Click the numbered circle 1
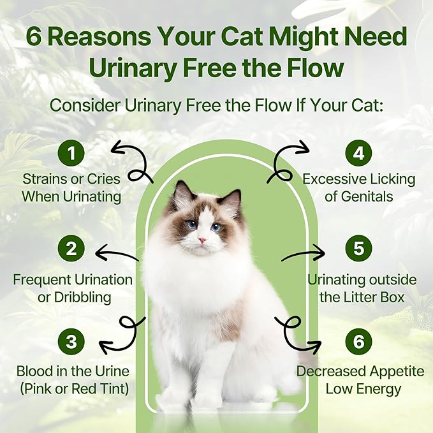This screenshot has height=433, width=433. (x=71, y=152)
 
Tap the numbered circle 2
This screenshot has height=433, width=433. (x=71, y=248)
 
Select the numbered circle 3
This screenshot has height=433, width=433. (x=71, y=341)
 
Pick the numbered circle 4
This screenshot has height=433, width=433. (x=358, y=152)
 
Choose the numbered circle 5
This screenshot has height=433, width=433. (x=358, y=248)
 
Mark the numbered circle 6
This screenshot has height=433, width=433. (x=358, y=341)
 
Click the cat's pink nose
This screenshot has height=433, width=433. (x=202, y=240)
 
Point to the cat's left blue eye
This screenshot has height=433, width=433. (x=192, y=224)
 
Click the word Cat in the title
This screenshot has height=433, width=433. (x=241, y=37)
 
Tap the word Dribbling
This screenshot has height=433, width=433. (x=82, y=298)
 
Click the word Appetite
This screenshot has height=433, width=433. (x=397, y=372)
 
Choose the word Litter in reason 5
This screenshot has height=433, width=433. (x=361, y=297)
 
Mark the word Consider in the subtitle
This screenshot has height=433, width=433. (x=85, y=105)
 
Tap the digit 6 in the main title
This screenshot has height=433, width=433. (x=34, y=37)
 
